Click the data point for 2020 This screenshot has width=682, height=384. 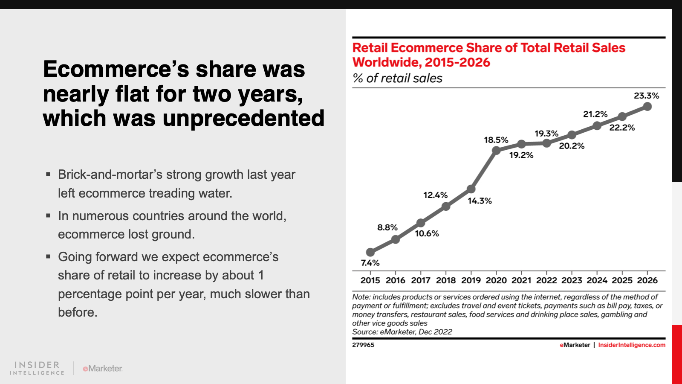coord(496,150)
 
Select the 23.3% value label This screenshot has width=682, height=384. coord(646,96)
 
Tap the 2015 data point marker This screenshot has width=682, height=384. coord(370,252)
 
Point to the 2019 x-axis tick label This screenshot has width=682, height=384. coord(471,280)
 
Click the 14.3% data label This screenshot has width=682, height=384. coord(480,201)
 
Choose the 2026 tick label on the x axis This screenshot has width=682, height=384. coord(647,280)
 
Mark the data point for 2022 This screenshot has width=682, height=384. coord(546,143)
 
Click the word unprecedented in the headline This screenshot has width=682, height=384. coord(243,119)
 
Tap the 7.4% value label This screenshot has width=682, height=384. coord(370,263)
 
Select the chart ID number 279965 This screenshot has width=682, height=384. coord(363,345)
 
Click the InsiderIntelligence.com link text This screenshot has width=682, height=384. coord(632,345)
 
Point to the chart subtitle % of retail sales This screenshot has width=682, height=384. coord(397,79)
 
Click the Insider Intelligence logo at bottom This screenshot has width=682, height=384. coord(37,368)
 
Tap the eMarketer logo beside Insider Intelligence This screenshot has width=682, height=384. coord(102,369)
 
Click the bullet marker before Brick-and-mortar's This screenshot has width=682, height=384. coord(48,175)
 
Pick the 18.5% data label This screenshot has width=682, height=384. coord(496,140)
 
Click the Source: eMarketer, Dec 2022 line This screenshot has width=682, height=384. coord(402,332)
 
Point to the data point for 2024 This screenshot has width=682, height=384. coord(597,125)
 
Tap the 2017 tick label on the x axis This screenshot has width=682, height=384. coord(421,280)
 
